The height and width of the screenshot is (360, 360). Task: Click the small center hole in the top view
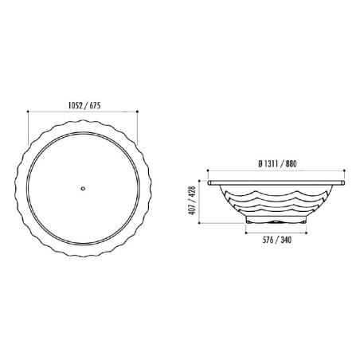click(x=84, y=189)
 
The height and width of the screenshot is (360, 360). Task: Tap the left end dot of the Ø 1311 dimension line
click(x=207, y=171)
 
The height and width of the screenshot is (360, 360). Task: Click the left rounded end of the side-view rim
click(x=209, y=182)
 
